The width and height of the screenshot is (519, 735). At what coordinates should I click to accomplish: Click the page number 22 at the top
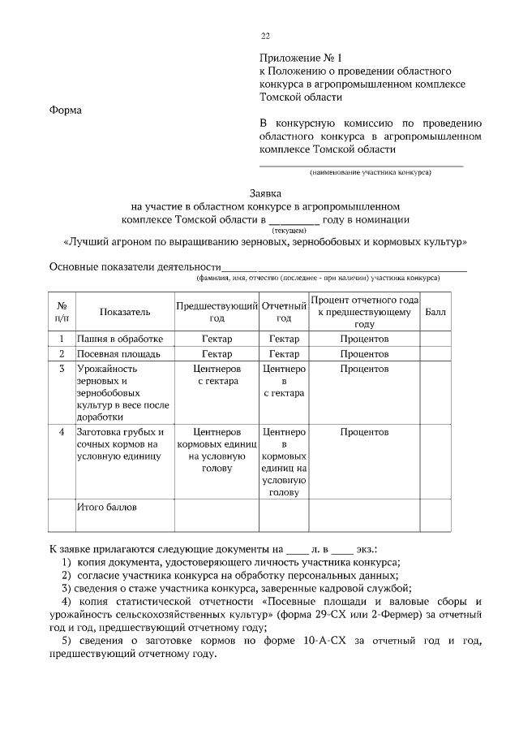pos(264,37)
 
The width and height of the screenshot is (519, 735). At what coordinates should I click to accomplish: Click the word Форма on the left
pos(66,110)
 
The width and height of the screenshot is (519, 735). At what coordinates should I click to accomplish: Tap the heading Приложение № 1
pos(302,58)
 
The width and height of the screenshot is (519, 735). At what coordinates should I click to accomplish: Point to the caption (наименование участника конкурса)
pos(370,173)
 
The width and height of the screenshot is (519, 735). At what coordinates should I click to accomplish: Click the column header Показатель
pos(125,312)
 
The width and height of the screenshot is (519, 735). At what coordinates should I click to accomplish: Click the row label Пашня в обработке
pos(121,339)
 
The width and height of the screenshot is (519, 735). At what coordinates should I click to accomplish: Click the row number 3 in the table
pos(62,369)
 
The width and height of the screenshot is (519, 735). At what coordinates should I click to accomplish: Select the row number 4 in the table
pos(62,432)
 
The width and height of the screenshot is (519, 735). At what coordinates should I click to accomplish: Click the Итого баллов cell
pos(107,508)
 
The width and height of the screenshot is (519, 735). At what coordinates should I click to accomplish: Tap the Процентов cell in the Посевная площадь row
pos(364,354)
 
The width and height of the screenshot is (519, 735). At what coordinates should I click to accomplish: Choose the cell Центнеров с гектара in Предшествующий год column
pos(217,374)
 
